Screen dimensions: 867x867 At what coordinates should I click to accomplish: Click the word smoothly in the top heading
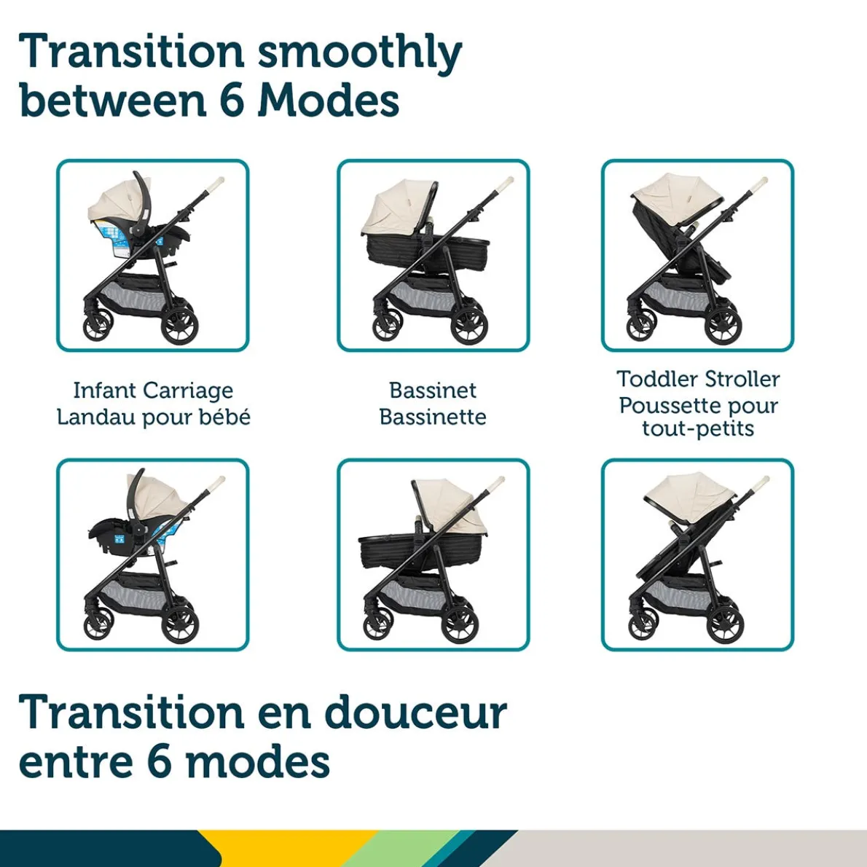360,52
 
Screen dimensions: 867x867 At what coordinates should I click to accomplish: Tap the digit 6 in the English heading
231,100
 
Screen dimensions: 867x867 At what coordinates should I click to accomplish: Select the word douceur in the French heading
415,712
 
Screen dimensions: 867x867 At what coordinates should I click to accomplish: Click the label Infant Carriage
153,391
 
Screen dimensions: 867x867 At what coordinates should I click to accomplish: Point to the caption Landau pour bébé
153,417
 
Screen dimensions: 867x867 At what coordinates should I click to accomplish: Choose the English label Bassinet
433,391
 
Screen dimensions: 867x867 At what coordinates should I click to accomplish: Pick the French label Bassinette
433,417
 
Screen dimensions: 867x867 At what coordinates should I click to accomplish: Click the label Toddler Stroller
698,379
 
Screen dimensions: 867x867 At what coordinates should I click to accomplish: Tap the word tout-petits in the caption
698,428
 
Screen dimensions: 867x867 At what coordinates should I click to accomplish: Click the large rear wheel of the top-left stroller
179,325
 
